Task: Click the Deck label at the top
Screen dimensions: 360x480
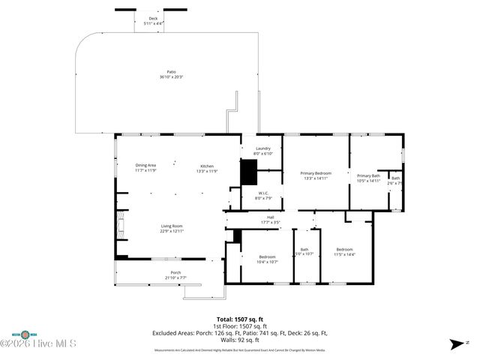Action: tap(153, 19)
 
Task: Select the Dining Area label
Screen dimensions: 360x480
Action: tap(145, 165)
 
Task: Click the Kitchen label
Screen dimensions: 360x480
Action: tap(207, 165)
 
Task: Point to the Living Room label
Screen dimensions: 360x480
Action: tap(172, 226)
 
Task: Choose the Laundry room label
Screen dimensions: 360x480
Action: tap(262, 148)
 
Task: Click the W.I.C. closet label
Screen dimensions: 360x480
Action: tap(262, 193)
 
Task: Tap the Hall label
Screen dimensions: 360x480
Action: tap(269, 217)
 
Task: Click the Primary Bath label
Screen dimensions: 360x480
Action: tap(368, 175)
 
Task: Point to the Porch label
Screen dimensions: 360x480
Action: tap(175, 272)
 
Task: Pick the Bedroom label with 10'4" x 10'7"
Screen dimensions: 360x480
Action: tap(268, 256)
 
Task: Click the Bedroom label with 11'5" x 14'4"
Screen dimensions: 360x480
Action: tap(345, 249)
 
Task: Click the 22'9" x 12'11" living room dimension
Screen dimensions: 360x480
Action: tap(172, 231)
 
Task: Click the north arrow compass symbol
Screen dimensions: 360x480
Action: tap(456, 344)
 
